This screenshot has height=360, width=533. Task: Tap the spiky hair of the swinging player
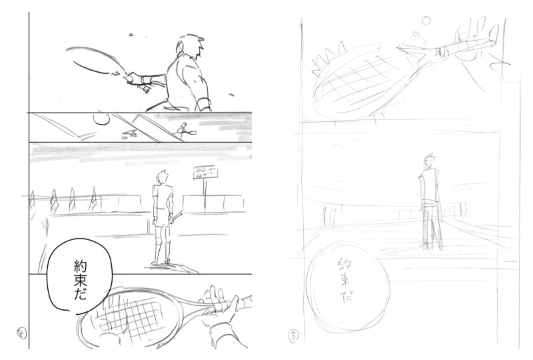click(x=191, y=43)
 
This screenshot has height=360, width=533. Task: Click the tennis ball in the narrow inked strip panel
click(x=101, y=119)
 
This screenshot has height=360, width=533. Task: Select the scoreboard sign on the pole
click(x=205, y=173)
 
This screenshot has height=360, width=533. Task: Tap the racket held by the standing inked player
click(x=177, y=216)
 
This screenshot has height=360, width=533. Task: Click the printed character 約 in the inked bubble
click(x=81, y=267)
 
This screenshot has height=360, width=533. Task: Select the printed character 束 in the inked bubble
click(x=81, y=281)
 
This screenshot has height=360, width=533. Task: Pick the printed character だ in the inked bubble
click(x=81, y=295)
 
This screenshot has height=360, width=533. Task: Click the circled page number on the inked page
click(x=22, y=333)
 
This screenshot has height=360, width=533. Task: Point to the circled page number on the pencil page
click(x=294, y=337)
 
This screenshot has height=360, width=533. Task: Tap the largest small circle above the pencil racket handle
click(x=426, y=21)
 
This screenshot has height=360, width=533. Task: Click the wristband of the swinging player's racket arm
click(x=145, y=81)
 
